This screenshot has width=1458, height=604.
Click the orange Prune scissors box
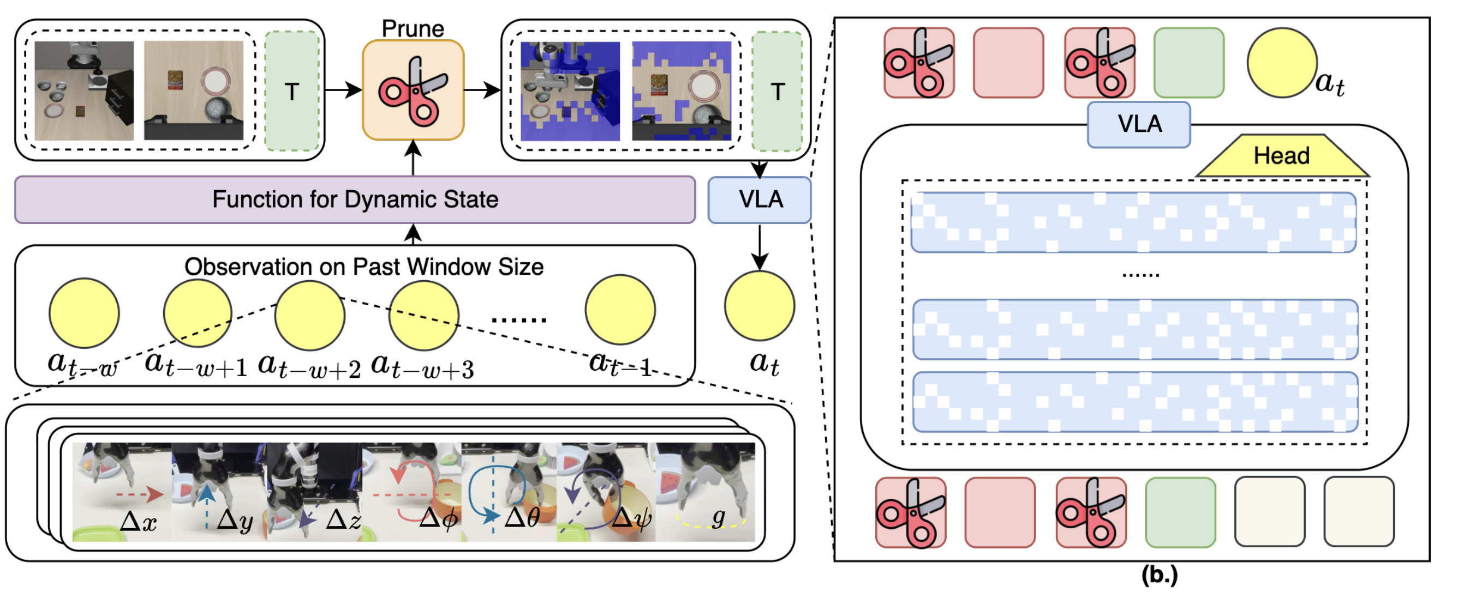(x=413, y=90)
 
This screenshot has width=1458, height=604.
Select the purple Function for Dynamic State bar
(x=355, y=200)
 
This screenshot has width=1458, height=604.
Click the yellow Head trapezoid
(x=1282, y=156)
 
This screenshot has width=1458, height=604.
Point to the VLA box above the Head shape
(x=1139, y=125)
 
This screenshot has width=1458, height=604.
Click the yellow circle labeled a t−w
(x=85, y=313)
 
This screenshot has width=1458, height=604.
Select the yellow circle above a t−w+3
(x=423, y=316)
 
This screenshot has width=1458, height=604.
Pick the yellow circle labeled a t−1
(x=620, y=309)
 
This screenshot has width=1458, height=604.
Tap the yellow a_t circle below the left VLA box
(x=760, y=305)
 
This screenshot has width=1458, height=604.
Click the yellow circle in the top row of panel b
(x=1282, y=63)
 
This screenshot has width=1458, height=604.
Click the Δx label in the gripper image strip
(x=139, y=521)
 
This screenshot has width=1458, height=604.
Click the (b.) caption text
(x=1160, y=575)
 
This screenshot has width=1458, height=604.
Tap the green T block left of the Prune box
(x=292, y=91)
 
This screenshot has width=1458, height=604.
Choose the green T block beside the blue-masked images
(x=778, y=91)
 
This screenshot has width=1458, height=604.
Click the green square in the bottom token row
(x=1181, y=512)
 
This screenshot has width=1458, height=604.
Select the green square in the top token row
(x=1189, y=63)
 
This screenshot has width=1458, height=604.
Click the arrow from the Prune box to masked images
(x=482, y=90)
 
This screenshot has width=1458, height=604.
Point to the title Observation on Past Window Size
(x=364, y=267)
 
